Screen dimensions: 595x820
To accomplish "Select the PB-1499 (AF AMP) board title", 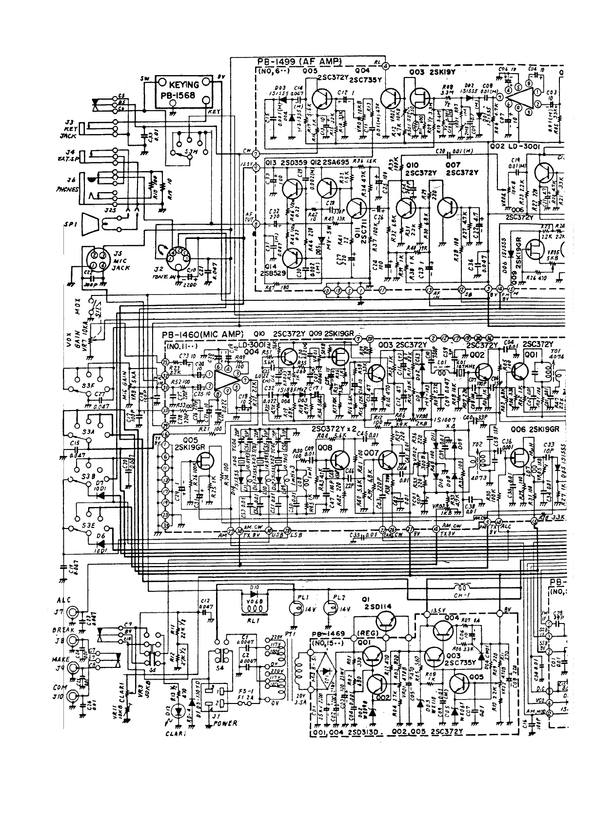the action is coord(298,62).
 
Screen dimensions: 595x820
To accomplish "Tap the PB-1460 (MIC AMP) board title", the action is coord(205,335).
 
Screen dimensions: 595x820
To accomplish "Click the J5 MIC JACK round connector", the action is coord(96,260).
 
